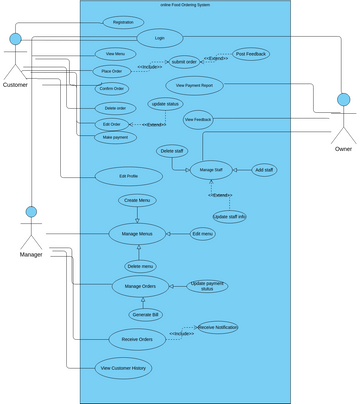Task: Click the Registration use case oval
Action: tap(123, 21)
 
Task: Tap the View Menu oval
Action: tap(116, 53)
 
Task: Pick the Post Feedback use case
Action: tap(250, 54)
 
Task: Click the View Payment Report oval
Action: tap(194, 85)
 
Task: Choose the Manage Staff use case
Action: tap(212, 170)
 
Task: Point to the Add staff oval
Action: tap(264, 170)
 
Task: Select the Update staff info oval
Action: tap(229, 216)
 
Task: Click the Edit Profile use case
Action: tap(128, 176)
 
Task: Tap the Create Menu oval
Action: tap(138, 200)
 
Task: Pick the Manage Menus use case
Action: tap(137, 234)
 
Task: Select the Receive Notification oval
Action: tap(217, 327)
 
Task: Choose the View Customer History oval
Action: tap(124, 368)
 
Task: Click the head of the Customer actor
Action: tap(15, 40)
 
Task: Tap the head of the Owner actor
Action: tap(343, 100)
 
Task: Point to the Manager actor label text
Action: tap(31, 254)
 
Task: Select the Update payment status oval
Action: tap(207, 286)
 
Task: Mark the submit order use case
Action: tap(184, 61)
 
